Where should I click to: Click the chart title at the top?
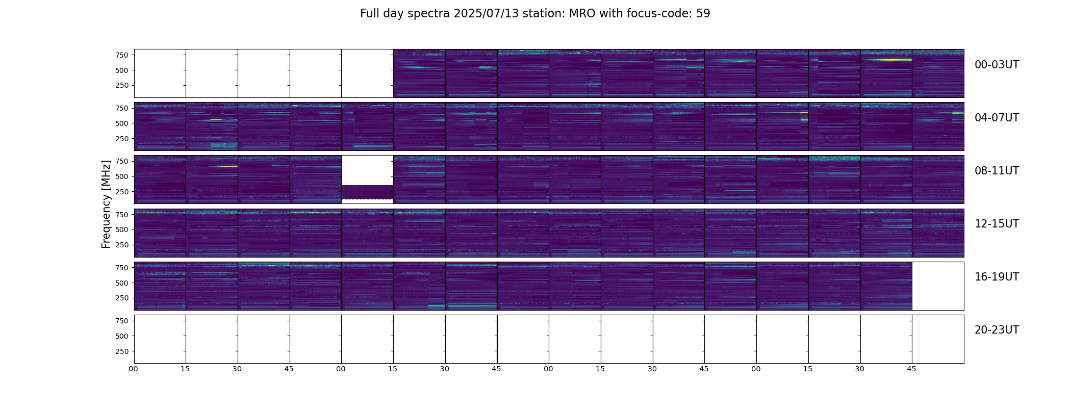coord(535,14)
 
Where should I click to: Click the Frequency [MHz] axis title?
coord(106,204)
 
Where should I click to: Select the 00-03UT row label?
coord(997,65)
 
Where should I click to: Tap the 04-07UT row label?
coord(997,118)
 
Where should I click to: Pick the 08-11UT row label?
coord(997,171)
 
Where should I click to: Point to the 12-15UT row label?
coord(997,224)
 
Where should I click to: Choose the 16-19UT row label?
coord(997,277)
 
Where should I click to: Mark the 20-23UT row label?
coord(997,330)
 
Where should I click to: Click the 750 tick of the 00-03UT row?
coord(122,55)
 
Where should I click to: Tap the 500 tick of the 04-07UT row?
coord(122,123)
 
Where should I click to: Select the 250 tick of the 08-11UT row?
coord(122,192)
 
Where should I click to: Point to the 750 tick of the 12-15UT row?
coord(122,215)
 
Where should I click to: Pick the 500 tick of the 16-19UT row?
coord(122,283)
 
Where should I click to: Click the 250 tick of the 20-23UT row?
coord(122,351)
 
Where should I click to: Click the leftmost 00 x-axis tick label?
coord(133,369)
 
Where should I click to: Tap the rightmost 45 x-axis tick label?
coord(911,369)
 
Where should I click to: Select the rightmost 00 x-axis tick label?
coord(756,369)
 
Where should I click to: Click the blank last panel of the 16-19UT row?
coord(938,286)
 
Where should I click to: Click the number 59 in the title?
coord(703,14)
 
